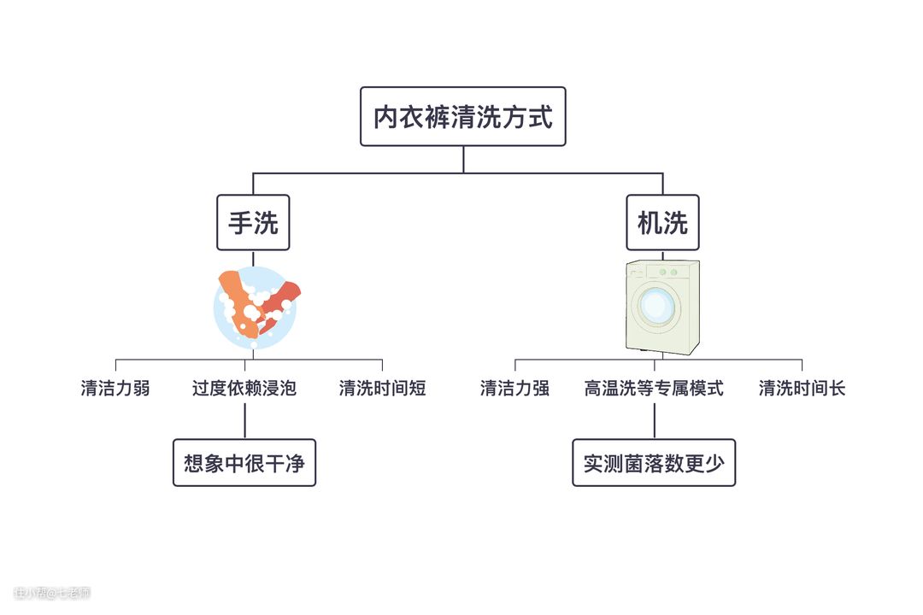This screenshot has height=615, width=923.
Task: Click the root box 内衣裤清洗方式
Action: [x=462, y=116]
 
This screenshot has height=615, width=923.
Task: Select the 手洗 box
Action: [x=253, y=223]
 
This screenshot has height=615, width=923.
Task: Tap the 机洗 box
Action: [x=662, y=223]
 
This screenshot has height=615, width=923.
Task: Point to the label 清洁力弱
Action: [x=115, y=389]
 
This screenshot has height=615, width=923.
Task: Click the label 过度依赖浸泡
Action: [x=244, y=389]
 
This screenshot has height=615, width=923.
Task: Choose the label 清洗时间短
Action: [x=382, y=389]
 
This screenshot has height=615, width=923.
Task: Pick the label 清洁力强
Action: [x=514, y=389]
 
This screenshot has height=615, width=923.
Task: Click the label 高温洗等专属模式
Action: [x=654, y=389]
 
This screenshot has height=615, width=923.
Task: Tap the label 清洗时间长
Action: [x=802, y=389]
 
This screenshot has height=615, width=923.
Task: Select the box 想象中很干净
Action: [x=244, y=463]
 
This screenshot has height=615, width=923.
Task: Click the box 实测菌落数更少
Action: [x=654, y=463]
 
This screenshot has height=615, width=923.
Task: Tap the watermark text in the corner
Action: [x=52, y=593]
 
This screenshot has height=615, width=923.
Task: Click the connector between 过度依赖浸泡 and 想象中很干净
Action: [x=244, y=420]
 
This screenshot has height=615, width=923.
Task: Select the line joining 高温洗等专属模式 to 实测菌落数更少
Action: [x=654, y=420]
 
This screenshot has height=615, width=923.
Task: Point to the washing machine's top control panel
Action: [x=662, y=272]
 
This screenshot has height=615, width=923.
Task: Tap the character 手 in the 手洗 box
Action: [x=240, y=223]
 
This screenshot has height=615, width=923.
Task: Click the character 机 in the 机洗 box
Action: [x=650, y=223]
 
